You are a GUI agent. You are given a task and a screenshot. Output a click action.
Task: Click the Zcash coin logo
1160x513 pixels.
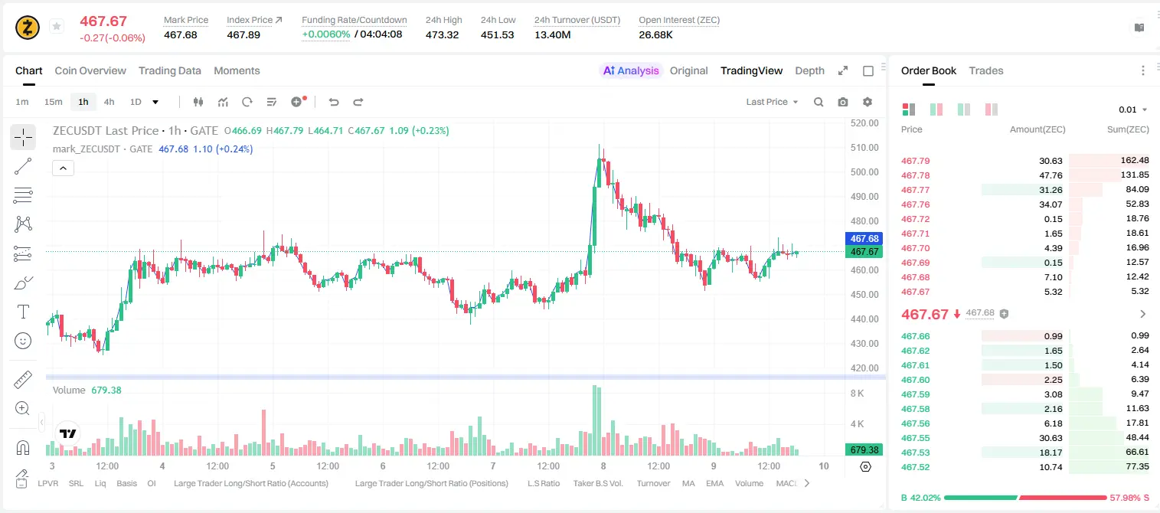28,28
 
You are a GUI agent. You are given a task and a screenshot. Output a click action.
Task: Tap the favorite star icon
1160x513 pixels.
57,26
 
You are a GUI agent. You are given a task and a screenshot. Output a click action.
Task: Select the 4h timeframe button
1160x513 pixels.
109,102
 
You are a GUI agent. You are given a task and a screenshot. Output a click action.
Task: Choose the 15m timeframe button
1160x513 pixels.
54,102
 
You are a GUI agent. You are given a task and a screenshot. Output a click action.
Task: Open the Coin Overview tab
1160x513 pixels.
90,70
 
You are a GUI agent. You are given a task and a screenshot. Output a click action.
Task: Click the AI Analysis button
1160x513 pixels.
631,70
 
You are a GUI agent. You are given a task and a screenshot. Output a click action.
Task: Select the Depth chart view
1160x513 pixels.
809,70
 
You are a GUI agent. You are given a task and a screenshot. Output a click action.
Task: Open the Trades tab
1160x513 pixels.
986,70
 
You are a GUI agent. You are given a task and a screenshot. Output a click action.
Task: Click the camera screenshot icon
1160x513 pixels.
843,102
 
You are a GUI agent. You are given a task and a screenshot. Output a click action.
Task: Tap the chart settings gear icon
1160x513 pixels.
868,102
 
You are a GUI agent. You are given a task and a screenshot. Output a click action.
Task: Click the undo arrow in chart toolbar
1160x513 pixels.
334,102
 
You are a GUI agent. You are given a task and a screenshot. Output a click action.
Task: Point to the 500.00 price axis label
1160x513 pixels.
864,172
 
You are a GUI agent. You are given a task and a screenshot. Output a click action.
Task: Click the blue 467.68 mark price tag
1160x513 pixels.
864,239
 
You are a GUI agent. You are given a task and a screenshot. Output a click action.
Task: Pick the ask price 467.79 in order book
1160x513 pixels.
915,161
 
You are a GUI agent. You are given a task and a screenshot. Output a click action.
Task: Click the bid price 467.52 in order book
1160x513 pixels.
915,467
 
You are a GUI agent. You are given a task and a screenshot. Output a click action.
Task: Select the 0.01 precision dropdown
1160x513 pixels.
1132,109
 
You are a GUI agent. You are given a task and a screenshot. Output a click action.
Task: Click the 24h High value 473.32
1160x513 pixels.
443,34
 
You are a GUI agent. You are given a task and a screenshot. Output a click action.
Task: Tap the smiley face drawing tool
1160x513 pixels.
23,341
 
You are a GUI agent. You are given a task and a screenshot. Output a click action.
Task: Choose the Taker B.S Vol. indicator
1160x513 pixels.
597,483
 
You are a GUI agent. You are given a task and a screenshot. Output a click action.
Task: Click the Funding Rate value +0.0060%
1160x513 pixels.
325,34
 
